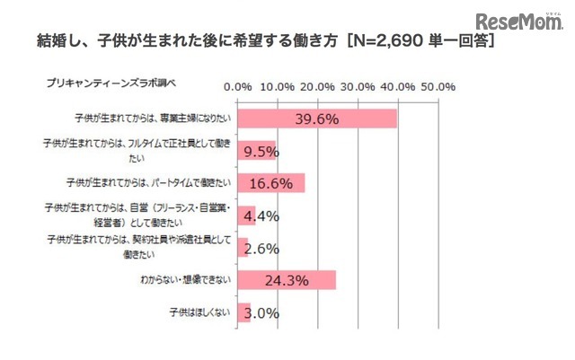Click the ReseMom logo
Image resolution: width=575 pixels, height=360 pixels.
(x=518, y=22)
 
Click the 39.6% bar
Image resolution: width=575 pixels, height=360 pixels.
(x=316, y=119)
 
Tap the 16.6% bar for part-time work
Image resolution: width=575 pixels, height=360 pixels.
(x=270, y=183)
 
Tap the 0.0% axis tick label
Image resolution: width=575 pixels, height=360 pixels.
(x=237, y=87)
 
